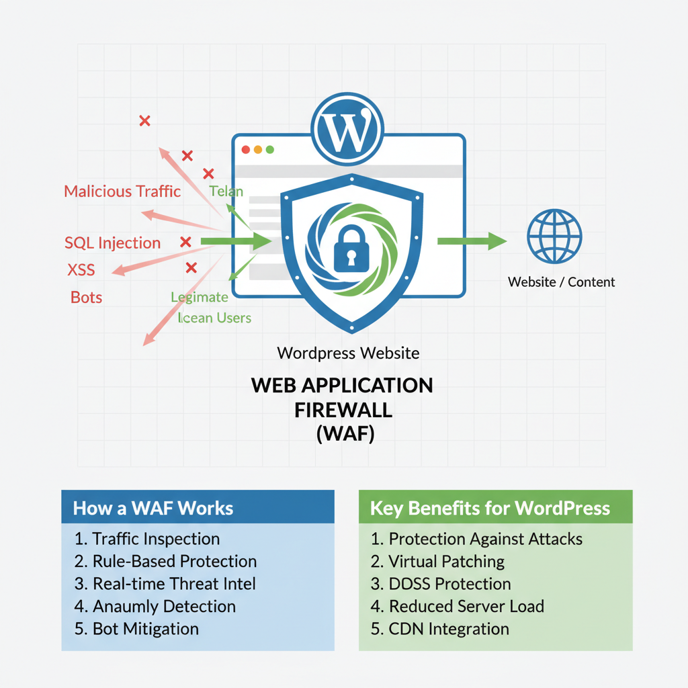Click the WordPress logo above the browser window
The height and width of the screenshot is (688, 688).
pos(347,128)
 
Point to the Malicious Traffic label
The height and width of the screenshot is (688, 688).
pos(122,191)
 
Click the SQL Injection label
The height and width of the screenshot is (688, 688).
pos(112,243)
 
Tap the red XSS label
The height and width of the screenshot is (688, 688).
pos(81,271)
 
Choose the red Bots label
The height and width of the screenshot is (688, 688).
pos(87,297)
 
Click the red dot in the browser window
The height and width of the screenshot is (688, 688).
pos(245,149)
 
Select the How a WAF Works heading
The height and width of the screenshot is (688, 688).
pos(153,508)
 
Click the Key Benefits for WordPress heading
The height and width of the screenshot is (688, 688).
pos(490,508)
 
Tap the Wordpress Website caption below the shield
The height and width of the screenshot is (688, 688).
pos(348,353)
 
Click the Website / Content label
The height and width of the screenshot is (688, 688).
pos(561,282)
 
